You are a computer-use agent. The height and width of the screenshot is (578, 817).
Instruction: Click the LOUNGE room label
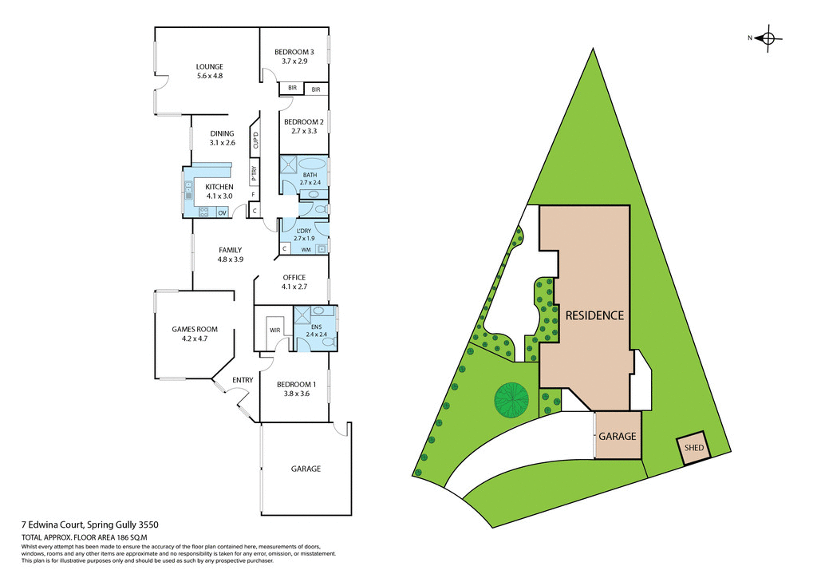[210, 66]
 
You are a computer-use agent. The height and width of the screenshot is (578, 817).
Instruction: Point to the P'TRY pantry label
[254, 171]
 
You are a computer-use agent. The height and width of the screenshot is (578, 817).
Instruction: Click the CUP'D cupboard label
[255, 141]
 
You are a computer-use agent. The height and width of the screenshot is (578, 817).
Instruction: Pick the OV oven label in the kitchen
[222, 212]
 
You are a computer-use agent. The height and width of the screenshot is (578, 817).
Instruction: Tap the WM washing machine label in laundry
[306, 250]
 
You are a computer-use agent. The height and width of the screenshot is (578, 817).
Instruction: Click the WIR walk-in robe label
[274, 329]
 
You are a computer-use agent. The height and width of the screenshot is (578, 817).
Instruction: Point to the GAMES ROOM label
[195, 329]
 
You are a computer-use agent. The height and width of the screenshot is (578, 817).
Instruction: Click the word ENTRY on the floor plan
[243, 380]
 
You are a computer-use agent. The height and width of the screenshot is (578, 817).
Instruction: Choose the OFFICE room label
[294, 277]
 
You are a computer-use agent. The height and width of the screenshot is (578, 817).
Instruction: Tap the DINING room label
[222, 133]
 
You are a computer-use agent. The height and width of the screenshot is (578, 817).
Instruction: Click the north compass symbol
[769, 38]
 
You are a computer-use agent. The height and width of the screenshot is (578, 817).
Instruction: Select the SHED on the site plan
[694, 448]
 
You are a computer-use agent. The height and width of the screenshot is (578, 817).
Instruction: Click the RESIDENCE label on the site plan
[594, 315]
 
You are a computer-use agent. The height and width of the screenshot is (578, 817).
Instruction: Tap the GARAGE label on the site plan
[618, 436]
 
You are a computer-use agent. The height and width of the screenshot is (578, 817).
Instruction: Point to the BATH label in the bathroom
[310, 174]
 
